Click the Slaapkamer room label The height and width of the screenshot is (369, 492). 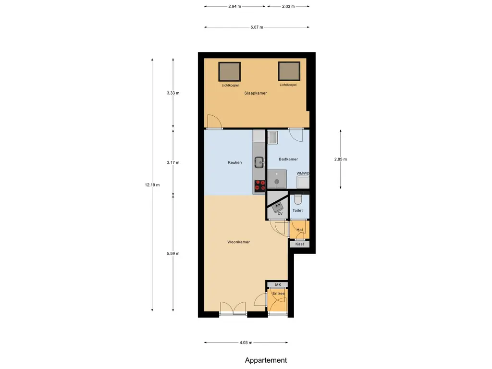[x=255, y=93]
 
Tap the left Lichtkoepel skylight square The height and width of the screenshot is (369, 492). [x=230, y=72]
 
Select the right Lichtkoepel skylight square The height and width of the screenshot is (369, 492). [x=288, y=71]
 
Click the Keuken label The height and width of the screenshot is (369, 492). [x=234, y=163]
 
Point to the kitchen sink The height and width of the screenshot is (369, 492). [x=259, y=162]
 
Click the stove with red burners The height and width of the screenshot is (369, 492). [x=259, y=185]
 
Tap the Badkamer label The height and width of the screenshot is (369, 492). [x=288, y=159]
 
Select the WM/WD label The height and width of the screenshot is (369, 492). [x=303, y=173]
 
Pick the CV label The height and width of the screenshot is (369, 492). [x=280, y=213]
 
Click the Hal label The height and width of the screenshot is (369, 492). [x=300, y=230]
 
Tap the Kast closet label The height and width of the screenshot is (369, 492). [x=299, y=244]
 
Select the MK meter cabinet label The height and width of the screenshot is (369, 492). [x=278, y=285]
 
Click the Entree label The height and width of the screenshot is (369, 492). [x=279, y=294]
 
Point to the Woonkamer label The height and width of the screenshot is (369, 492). [x=238, y=242]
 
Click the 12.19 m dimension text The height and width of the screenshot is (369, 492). [x=152, y=185]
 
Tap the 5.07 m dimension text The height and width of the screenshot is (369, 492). [x=257, y=27]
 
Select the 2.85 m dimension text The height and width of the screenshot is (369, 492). [x=340, y=159]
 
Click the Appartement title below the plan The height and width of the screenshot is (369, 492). [x=266, y=360]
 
